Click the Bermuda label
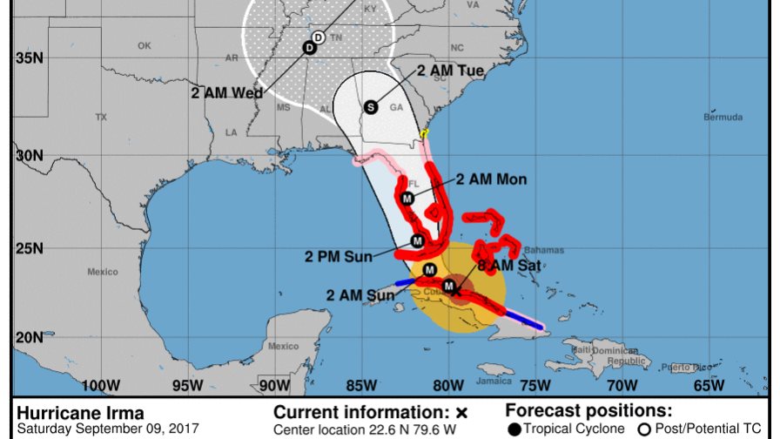(x=724, y=117)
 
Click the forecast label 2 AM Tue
(x=451, y=71)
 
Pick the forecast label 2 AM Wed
(x=227, y=93)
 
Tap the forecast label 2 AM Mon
(x=491, y=180)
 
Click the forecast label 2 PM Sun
(x=338, y=255)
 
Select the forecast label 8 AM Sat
(x=509, y=265)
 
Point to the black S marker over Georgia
(x=371, y=107)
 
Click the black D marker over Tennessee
(x=309, y=48)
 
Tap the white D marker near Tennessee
(x=319, y=37)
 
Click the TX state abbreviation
(x=101, y=117)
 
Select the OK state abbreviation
(x=145, y=45)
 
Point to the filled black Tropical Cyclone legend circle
(x=514, y=429)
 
